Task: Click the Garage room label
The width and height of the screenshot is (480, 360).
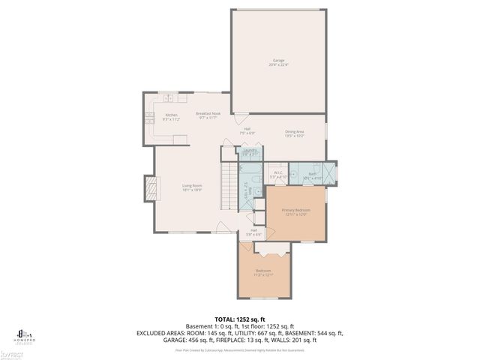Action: (x=278, y=59)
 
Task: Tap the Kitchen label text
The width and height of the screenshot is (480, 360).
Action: (x=171, y=115)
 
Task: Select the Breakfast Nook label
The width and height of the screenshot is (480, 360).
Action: (x=206, y=113)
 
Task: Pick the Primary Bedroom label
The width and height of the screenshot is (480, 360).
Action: (x=295, y=210)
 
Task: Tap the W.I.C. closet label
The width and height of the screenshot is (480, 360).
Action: (x=277, y=172)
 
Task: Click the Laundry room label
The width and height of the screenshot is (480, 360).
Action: (x=250, y=150)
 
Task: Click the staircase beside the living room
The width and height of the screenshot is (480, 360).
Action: (x=228, y=187)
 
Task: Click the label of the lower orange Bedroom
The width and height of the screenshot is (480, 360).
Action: (x=263, y=271)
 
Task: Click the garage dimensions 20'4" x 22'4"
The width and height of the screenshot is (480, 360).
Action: (x=278, y=64)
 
